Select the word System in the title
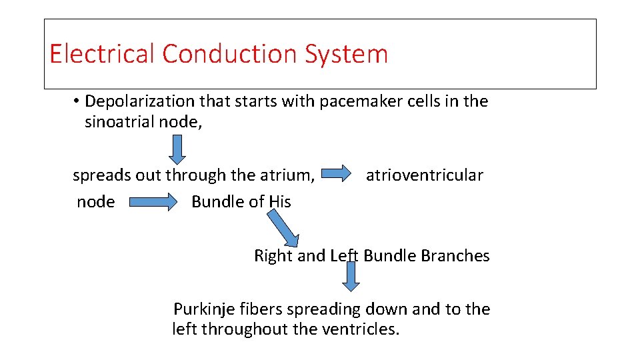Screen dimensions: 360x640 (x=346, y=54)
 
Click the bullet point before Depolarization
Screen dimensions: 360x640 (x=77, y=101)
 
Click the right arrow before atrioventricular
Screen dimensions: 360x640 (x=336, y=175)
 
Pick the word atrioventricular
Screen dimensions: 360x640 (x=425, y=175)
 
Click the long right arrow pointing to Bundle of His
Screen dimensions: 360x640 (x=153, y=202)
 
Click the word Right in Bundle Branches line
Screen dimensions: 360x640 (x=273, y=256)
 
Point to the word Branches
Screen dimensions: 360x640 (x=457, y=256)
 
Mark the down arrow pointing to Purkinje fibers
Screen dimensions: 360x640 (x=351, y=276)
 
